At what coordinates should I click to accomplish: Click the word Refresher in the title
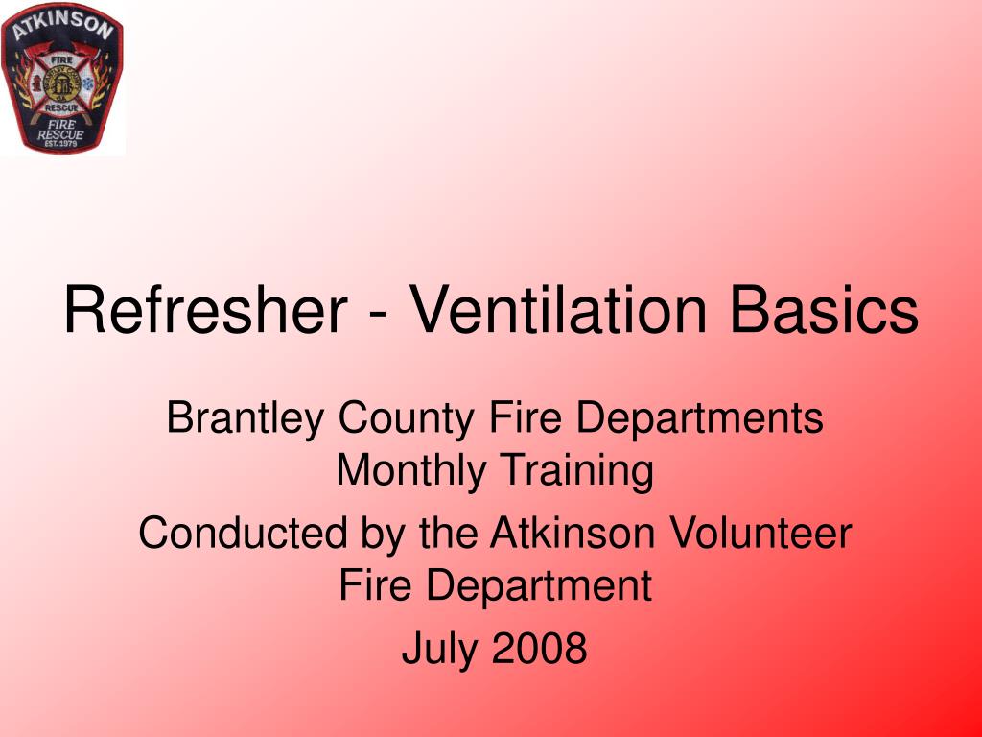coord(205,311)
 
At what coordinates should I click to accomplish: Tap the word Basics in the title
coord(824,311)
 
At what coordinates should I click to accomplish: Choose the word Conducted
coord(244,534)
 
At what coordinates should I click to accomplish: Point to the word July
coord(437,649)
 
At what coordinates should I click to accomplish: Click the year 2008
coord(540,649)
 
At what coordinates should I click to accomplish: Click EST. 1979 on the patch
coord(61,147)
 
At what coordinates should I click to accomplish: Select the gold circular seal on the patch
coord(62,83)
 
